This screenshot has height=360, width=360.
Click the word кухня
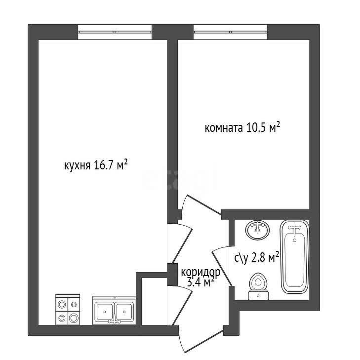77,165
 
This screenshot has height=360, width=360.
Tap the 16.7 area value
104,165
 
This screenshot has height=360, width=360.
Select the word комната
223,128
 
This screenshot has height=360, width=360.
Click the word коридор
200,273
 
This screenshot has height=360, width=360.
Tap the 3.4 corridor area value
195,282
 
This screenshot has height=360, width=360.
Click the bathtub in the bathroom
294,257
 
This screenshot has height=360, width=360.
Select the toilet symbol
258,286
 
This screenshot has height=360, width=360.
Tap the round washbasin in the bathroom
257,230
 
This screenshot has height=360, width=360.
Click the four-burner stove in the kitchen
68,310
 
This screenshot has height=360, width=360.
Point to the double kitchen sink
114,311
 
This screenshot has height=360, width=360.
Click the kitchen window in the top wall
115,32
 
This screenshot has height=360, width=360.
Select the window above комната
230,32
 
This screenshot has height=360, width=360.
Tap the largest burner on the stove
74,318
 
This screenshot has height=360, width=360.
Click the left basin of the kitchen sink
105,312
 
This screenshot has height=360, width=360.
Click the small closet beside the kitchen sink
154,301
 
